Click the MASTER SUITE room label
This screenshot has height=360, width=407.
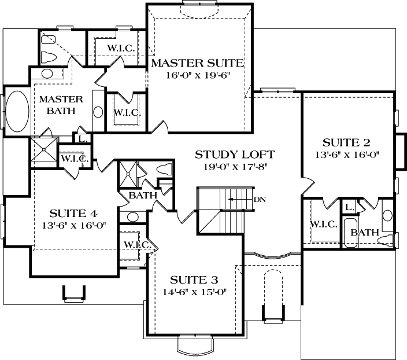pyautogui.click(x=197, y=63)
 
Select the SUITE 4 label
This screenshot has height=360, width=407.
pyautogui.click(x=73, y=212)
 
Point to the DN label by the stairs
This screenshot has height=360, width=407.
pyautogui.click(x=260, y=199)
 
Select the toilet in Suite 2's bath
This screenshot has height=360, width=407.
pyautogui.click(x=388, y=239)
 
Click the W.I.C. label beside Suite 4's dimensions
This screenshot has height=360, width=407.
pyautogui.click(x=137, y=245)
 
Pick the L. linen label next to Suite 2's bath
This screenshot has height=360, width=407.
pyautogui.click(x=349, y=207)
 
